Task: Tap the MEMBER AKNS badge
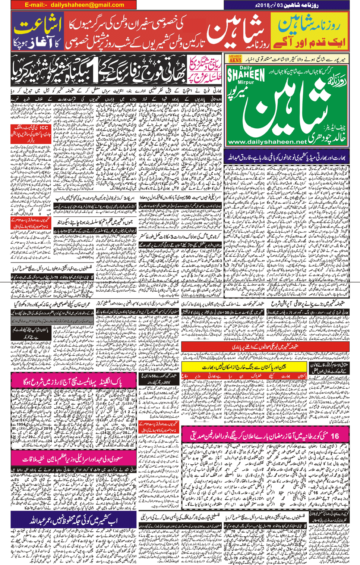[235, 59]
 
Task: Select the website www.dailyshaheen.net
[266, 142]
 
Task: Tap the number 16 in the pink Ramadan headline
[334, 436]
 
